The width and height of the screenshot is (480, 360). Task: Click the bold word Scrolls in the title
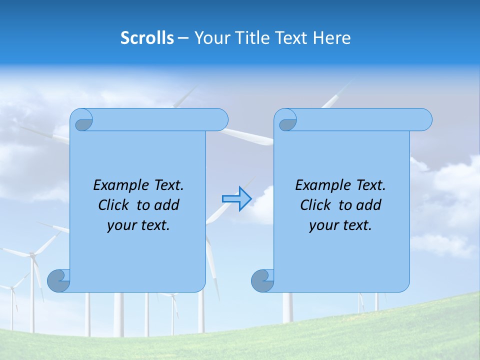point(147,37)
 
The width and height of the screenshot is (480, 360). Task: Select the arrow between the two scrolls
point(236,199)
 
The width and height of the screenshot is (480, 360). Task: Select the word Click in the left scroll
point(114,205)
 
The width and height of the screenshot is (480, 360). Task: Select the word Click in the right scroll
point(316,205)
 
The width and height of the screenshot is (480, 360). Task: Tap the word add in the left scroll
point(167,205)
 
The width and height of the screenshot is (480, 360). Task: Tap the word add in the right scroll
point(369,205)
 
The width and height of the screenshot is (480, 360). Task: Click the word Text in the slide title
point(290,37)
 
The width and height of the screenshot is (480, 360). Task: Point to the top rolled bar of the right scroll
point(360,119)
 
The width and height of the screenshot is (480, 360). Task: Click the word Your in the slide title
point(212,37)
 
